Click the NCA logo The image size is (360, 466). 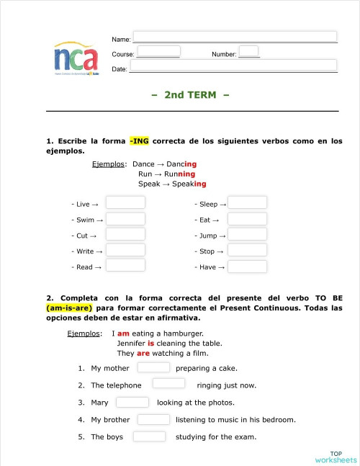point(76,58)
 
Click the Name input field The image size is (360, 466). point(235,37)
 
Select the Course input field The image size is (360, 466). point(158,51)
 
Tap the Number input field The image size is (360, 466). point(248,51)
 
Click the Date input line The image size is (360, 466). point(233,66)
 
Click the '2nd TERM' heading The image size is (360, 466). point(190,95)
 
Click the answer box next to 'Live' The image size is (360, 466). point(125,203)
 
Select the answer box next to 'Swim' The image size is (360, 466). point(125,219)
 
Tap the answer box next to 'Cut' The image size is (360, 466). point(125,235)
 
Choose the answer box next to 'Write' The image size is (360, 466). point(125,251)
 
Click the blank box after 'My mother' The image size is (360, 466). point(153,367)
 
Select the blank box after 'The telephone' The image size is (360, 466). point(169,384)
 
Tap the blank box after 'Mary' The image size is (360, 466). point(132,402)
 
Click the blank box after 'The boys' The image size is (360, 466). point(149,436)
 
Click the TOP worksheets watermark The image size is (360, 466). point(336,457)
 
